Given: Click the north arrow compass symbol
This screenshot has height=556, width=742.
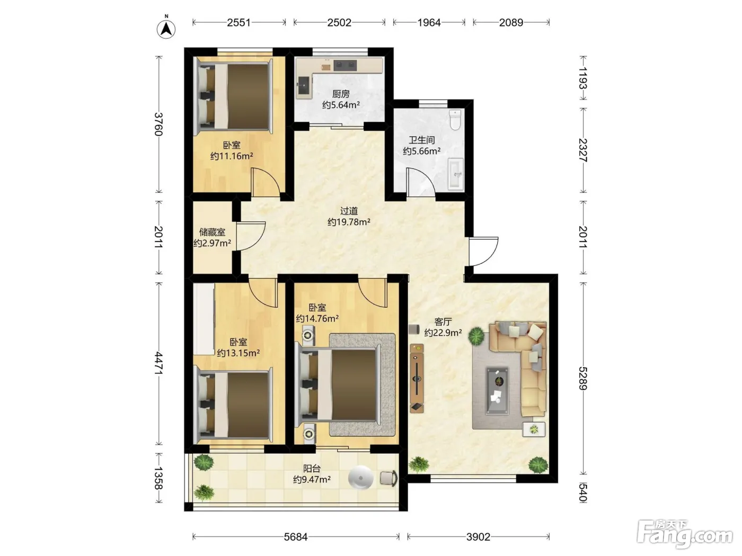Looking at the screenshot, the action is [x=166, y=29].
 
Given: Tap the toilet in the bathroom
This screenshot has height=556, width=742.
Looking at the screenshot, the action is [x=455, y=120].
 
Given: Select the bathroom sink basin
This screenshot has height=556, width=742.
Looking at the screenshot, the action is [x=456, y=174].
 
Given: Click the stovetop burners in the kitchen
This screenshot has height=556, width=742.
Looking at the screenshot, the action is [x=345, y=65].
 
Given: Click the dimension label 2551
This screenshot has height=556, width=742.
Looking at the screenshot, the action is [x=238, y=23].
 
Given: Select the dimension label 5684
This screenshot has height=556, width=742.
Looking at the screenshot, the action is [x=295, y=536].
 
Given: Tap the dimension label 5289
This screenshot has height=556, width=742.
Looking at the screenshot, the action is [x=583, y=378].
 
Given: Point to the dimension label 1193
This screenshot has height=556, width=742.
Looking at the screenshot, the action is [x=583, y=78].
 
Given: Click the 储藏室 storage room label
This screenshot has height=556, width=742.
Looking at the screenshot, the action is [x=212, y=232].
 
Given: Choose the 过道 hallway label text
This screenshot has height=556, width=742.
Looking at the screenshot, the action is [x=349, y=211].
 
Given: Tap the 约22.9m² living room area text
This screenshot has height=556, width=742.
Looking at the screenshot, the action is [x=443, y=333].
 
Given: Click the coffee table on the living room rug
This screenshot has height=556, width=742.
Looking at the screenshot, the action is [x=497, y=391].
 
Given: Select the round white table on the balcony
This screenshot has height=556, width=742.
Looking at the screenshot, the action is [x=361, y=478].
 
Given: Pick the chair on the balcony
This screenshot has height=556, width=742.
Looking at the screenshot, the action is [x=388, y=478].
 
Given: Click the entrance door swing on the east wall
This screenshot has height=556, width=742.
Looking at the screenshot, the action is [x=484, y=252].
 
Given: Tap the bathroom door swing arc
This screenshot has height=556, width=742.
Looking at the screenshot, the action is [x=421, y=182].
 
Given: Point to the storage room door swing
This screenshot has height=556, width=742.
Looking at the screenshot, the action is [x=251, y=236].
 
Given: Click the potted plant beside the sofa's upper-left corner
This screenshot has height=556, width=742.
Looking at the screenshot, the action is [x=476, y=336].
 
